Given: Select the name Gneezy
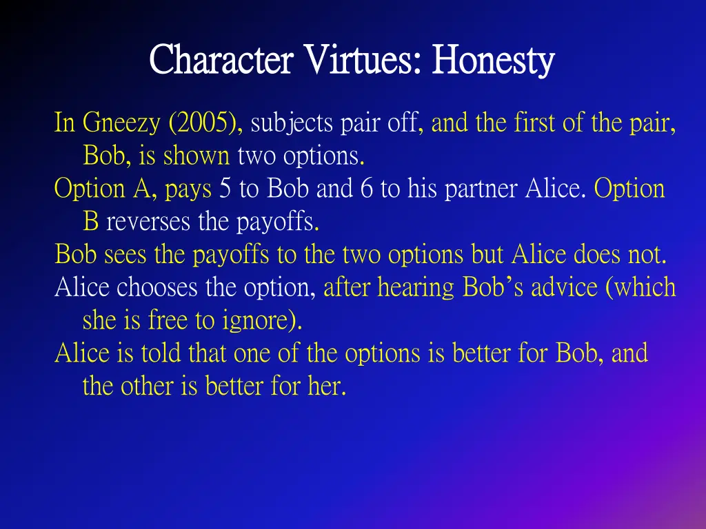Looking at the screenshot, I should pos(121,123).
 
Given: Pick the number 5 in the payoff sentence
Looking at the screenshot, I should pos(225,189).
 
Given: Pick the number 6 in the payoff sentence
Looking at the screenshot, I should pos(366,189).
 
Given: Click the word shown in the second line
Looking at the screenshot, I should pos(196,156).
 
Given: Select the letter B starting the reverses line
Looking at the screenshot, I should pos(90,222).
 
